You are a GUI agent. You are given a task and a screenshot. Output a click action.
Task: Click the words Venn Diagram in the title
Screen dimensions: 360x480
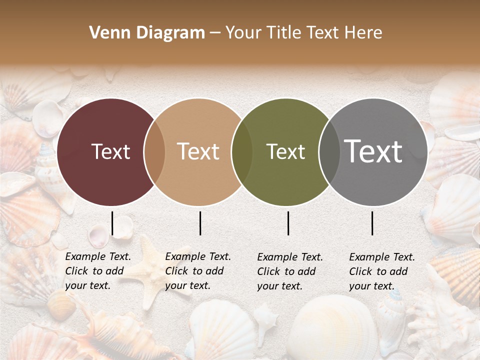click(x=147, y=33)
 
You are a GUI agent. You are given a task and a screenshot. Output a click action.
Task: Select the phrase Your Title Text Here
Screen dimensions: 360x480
click(x=303, y=33)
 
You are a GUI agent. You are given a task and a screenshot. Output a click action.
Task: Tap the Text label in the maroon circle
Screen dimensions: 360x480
click(x=110, y=151)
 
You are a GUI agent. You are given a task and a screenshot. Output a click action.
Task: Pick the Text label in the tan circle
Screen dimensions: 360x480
click(x=198, y=151)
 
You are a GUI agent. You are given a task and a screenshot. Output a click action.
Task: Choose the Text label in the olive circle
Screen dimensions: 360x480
click(x=286, y=151)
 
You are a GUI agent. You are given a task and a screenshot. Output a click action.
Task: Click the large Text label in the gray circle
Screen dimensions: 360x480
click(x=373, y=151)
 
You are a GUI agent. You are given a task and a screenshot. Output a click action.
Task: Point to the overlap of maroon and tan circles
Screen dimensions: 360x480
click(x=154, y=151)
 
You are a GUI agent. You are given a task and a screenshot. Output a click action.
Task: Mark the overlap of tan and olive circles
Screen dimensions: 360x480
click(x=242, y=151)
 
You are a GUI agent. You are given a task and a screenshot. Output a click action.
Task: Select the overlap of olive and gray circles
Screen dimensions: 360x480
click(x=329, y=151)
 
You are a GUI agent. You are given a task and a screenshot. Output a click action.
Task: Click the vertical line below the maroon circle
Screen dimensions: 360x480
click(x=112, y=223)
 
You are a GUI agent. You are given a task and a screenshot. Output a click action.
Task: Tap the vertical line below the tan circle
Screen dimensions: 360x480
click(x=200, y=223)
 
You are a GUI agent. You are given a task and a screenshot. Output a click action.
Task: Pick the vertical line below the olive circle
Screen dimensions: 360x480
click(x=288, y=223)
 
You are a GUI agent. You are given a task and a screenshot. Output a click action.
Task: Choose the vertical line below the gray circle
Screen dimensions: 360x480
click(x=372, y=223)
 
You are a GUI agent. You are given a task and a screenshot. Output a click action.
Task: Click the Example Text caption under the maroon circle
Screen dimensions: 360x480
click(x=98, y=271)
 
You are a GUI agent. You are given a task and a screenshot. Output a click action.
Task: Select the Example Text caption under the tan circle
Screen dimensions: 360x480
click(x=198, y=271)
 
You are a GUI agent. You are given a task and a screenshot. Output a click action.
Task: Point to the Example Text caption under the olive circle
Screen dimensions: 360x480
click(x=290, y=271)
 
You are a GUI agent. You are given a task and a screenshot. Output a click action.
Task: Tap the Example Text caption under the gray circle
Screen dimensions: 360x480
click(x=382, y=271)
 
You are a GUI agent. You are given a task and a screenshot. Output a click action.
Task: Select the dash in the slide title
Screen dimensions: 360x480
click(x=215, y=33)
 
